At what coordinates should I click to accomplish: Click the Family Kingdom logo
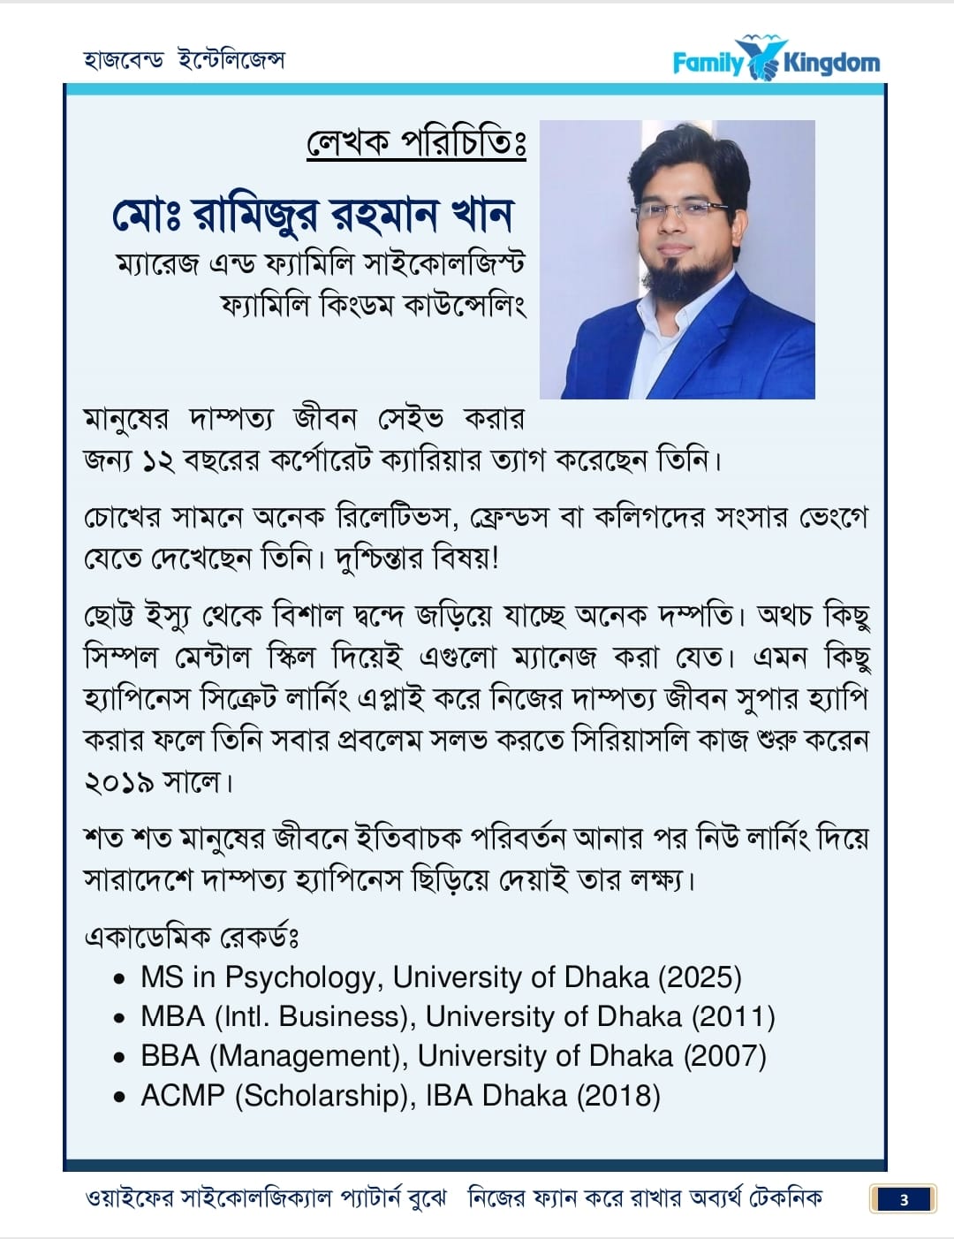pos(776,61)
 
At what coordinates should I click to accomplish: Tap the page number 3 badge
pos(904,1199)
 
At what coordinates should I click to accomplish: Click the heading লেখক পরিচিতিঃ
pos(416,142)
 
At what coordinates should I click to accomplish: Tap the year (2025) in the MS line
pos(700,977)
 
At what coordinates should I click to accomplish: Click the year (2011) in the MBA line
pos(734,1016)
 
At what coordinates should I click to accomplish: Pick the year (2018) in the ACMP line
pos(619,1096)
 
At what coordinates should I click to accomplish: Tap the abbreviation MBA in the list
pos(173,1016)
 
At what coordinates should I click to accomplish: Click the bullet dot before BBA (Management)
pos(120,1058)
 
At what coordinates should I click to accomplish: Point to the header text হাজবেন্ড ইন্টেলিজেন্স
pos(184,59)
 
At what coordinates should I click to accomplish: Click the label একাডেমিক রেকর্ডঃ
pos(192,936)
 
